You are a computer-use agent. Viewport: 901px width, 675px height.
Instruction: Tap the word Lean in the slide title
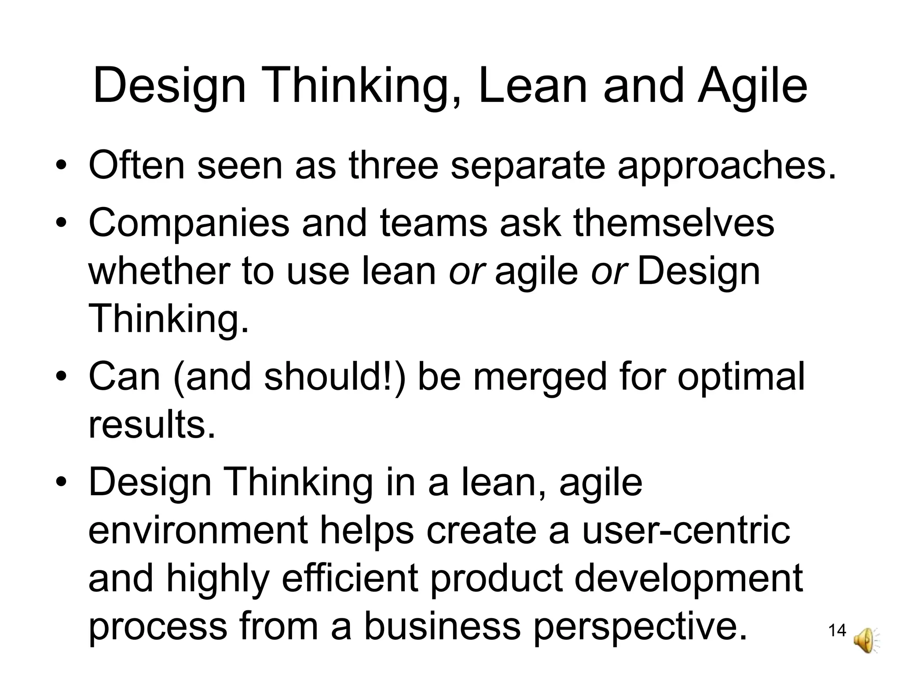point(533,86)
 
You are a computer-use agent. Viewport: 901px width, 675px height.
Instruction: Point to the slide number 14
point(837,631)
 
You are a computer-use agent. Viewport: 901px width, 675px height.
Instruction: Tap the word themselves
point(674,222)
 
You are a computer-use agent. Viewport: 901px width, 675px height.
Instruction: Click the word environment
point(198,530)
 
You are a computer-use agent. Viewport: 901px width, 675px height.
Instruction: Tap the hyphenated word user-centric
point(686,530)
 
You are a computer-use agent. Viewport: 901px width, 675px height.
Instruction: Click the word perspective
point(641,628)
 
